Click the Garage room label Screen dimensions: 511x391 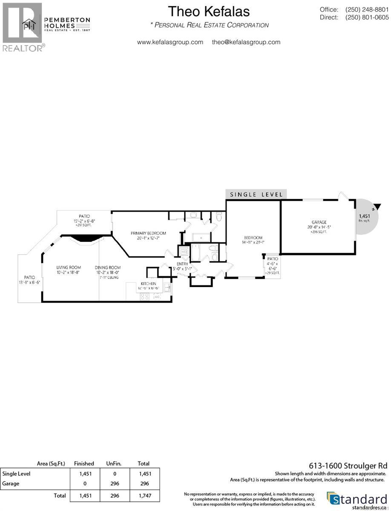(319, 222)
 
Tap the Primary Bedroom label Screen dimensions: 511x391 (148, 233)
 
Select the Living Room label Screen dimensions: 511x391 (69, 267)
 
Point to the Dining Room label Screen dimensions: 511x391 (106, 267)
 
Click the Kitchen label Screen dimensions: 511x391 (149, 283)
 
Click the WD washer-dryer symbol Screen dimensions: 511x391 (184, 252)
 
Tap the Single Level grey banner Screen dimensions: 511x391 (256, 194)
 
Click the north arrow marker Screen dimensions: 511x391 (374, 209)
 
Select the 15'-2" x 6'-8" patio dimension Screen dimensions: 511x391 (84, 221)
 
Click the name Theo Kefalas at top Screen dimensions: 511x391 (209, 11)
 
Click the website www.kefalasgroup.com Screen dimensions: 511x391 (170, 42)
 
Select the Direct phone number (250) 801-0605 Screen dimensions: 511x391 (367, 17)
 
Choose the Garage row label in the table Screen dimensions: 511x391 (12, 483)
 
